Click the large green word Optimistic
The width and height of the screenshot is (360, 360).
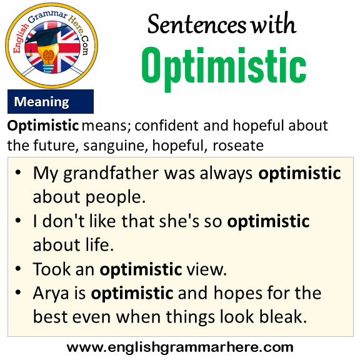[x=224, y=67]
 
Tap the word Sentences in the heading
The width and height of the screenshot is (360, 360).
[x=197, y=24]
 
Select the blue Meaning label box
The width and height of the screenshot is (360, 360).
[x=51, y=101]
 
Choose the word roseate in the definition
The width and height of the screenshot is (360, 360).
[x=238, y=146]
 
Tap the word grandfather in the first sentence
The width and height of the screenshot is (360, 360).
[x=111, y=173]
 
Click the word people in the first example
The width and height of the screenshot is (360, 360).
[x=116, y=197]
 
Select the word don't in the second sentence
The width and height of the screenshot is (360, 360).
[x=63, y=221]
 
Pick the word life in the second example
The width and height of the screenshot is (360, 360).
[x=100, y=244]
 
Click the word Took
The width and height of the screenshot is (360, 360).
[x=52, y=269]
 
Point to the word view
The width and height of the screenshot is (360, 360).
[x=207, y=269]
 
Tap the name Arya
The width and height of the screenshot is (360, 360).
[x=51, y=294]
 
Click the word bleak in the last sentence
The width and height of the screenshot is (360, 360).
[x=283, y=317]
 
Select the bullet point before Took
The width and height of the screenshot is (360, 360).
[x=18, y=268]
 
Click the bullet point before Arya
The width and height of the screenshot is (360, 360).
[x=18, y=292]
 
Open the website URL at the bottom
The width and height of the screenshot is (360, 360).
[x=180, y=347]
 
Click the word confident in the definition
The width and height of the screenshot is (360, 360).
[x=167, y=126]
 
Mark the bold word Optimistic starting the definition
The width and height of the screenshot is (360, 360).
[x=43, y=126]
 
